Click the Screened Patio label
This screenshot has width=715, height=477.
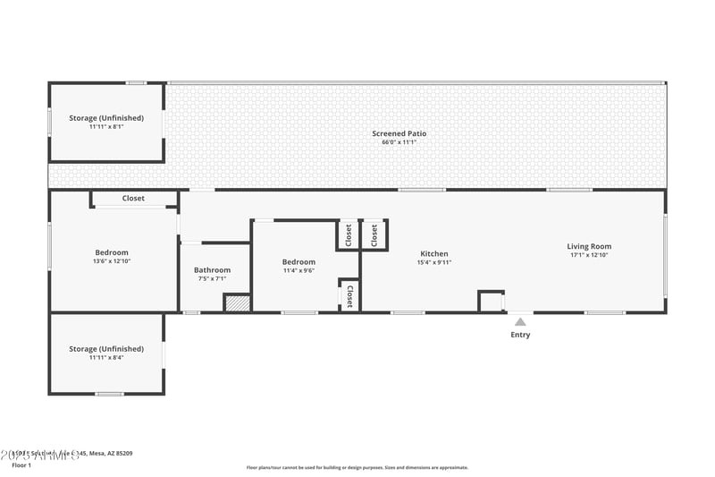coord(399,133)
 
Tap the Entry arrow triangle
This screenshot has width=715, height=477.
coord(520,321)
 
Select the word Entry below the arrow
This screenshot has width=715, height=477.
coord(520,335)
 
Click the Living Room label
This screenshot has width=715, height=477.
coord(589,246)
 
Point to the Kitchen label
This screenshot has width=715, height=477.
coord(433,253)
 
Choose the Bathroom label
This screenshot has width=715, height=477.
coord(213,269)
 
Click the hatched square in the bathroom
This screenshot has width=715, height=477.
coord(236,302)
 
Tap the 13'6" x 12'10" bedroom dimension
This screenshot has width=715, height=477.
coord(112,261)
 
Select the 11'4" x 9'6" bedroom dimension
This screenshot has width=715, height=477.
coord(299,270)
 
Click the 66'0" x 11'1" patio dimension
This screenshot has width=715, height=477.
coord(399,142)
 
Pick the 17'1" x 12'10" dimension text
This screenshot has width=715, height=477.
coord(589,255)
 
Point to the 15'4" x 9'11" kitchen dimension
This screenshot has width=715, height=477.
coord(433,262)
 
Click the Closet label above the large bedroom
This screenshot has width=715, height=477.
coord(133,198)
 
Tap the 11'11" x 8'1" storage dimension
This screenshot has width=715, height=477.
coord(106,126)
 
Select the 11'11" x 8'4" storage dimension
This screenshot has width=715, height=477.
coord(106,357)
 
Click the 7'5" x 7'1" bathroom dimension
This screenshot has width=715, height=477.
coord(213,278)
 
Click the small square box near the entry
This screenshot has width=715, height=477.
coord(491,301)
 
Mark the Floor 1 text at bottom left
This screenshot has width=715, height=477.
coord(21,465)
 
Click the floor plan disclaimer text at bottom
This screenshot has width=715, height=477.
coord(357,467)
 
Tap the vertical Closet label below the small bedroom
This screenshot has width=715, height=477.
coord(349,296)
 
